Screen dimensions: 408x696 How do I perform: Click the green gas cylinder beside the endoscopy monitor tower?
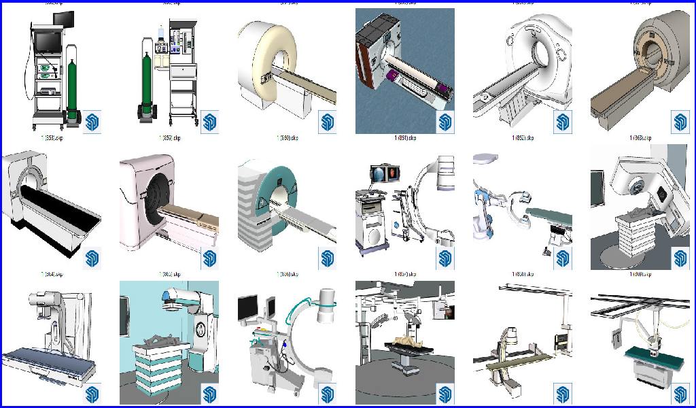pyautogui.click(x=71, y=85)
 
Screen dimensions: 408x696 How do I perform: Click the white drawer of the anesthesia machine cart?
pyautogui.click(x=181, y=71)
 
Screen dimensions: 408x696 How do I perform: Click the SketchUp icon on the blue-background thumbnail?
pyautogui.click(x=445, y=122)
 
